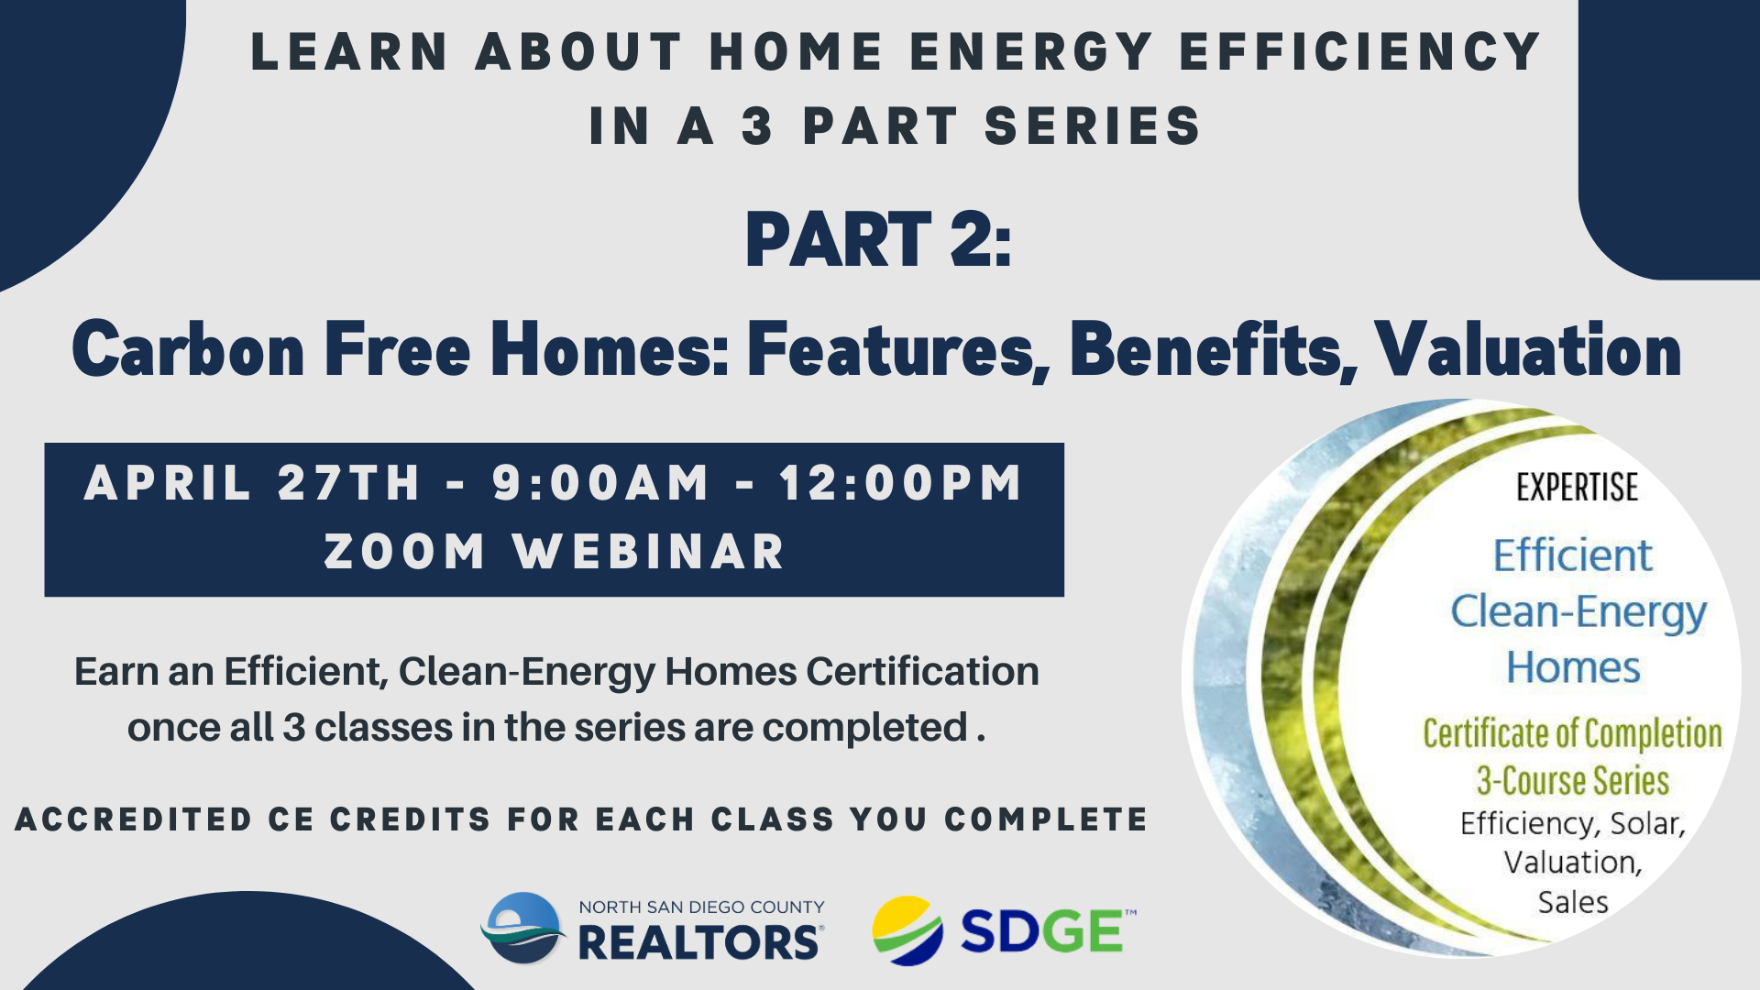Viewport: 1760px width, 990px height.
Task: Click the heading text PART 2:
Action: (878, 239)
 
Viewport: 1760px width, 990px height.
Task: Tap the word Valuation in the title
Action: (1528, 349)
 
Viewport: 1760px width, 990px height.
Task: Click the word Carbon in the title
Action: (188, 349)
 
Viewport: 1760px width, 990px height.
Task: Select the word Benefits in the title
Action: (1213, 350)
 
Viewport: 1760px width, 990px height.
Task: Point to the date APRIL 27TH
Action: (252, 482)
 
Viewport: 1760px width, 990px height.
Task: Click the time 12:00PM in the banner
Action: (900, 482)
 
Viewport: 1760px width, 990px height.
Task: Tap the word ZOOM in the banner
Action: (404, 552)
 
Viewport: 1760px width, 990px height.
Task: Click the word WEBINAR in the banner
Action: (649, 552)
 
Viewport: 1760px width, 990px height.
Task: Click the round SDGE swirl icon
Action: (907, 931)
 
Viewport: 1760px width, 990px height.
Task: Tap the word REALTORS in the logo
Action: (700, 942)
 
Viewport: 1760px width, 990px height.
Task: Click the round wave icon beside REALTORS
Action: (523, 928)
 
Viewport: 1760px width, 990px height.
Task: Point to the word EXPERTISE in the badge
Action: (1577, 488)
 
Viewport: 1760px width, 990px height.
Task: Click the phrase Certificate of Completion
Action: (1572, 733)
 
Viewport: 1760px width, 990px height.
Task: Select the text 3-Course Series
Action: (1572, 781)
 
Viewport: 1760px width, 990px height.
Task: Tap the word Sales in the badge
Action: (1573, 903)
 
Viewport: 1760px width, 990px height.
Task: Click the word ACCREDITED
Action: (134, 819)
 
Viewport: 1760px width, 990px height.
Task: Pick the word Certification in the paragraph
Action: (922, 671)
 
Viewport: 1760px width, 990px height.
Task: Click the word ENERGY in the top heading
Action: (1031, 51)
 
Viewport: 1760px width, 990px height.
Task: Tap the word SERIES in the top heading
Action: (1093, 126)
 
